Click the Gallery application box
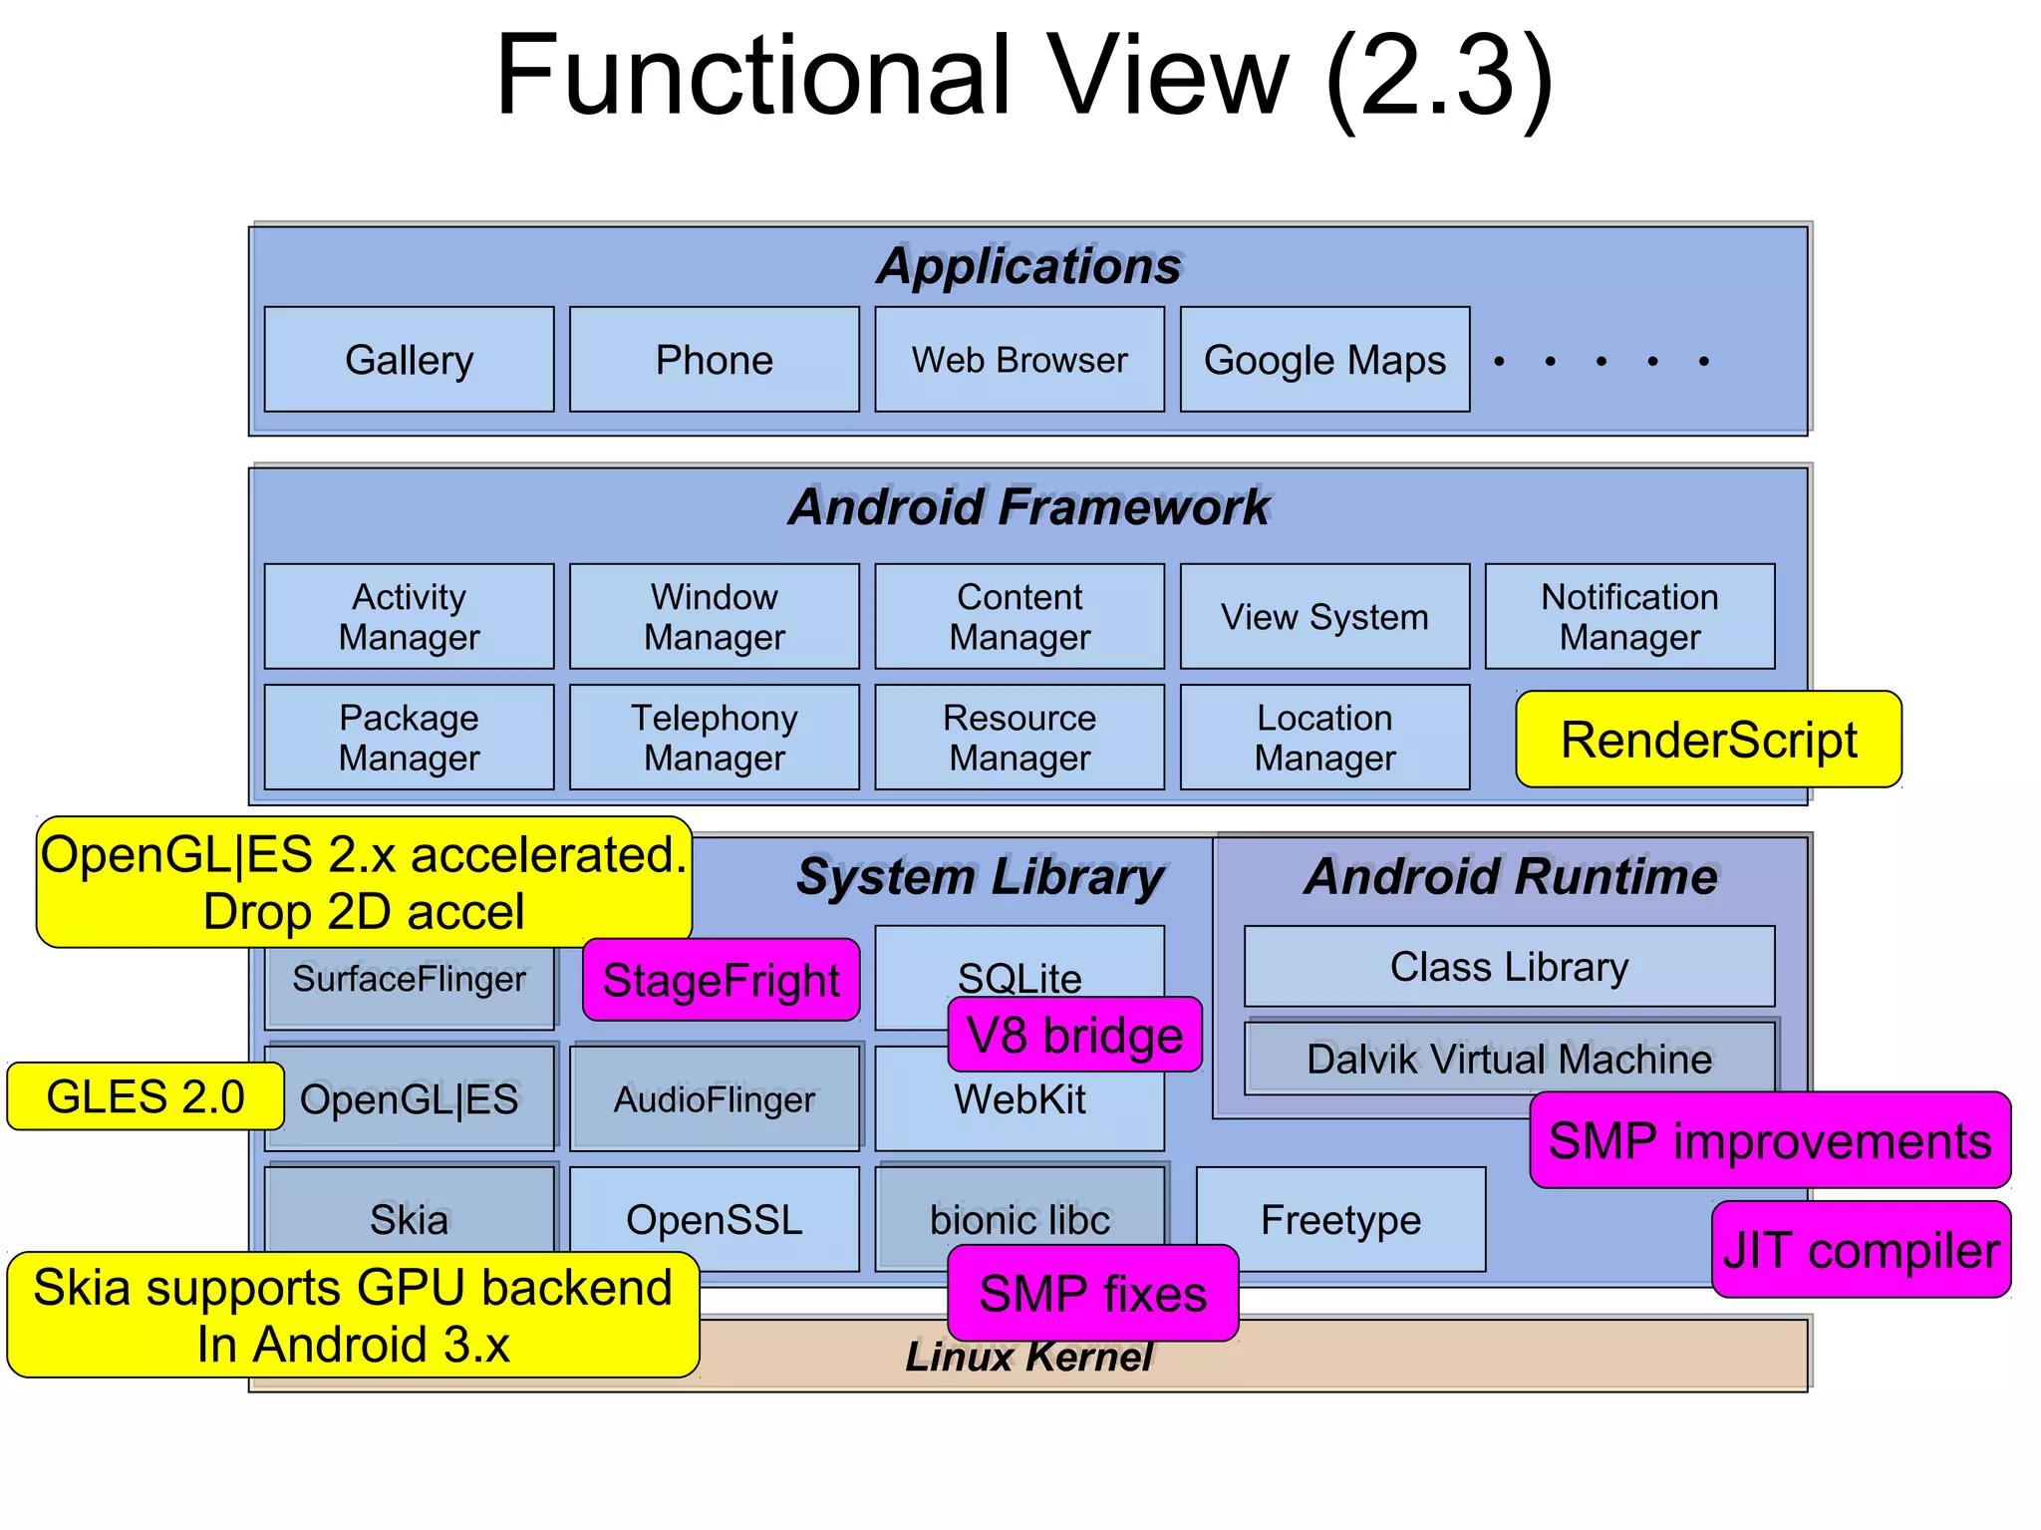pyautogui.click(x=409, y=359)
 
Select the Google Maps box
pyautogui.click(x=1324, y=359)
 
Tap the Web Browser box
pyautogui.click(x=1019, y=359)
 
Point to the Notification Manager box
pyautogui.click(x=1629, y=616)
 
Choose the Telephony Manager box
pyautogui.click(x=714, y=737)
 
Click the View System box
pyautogui.click(x=1324, y=616)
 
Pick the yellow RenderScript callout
pyautogui.click(x=1708, y=740)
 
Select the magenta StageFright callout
pyautogui.click(x=721, y=980)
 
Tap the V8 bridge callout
pyautogui.click(x=1074, y=1035)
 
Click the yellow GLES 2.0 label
pyautogui.click(x=146, y=1096)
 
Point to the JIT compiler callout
pyautogui.click(x=1861, y=1250)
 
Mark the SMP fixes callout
pyautogui.click(x=1092, y=1293)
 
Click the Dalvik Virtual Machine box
pyautogui.click(x=1509, y=1059)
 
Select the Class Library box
pyautogui.click(x=1509, y=966)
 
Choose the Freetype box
pyautogui.click(x=1340, y=1219)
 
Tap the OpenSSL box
pyautogui.click(x=714, y=1219)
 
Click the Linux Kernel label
pyautogui.click(x=1028, y=1357)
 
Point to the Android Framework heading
pyautogui.click(x=1028, y=506)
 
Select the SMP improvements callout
pyautogui.click(x=1770, y=1139)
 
